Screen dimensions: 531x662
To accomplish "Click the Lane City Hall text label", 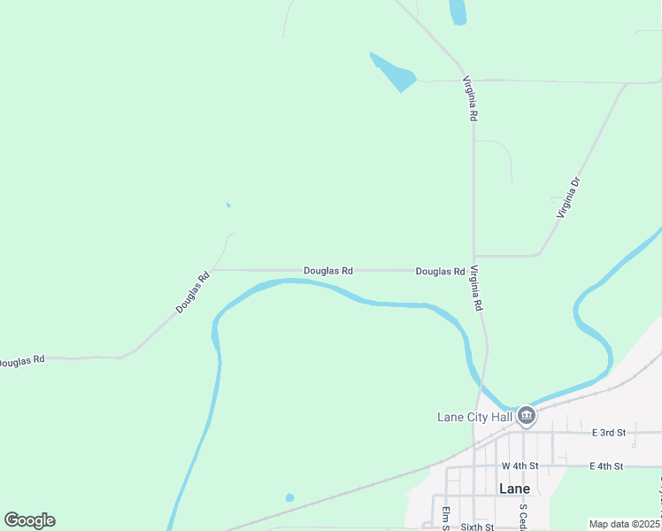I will tap(474, 417).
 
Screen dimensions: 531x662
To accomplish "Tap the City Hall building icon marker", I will tap(527, 416).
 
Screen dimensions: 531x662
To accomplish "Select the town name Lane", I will tap(514, 489).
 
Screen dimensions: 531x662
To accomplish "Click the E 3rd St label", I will tap(608, 433).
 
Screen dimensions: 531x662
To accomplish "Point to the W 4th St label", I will tap(520, 466).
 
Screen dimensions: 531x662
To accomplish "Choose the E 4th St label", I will tap(606, 466).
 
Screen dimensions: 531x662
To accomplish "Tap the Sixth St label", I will tap(476, 526).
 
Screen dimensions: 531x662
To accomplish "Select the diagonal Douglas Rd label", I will tap(192, 292).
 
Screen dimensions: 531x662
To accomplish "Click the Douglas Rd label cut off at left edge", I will tap(21, 362).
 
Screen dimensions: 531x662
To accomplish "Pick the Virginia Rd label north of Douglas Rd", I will tap(470, 98).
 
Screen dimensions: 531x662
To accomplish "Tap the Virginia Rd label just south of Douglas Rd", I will tap(476, 288).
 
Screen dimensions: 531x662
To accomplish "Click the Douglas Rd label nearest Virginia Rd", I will tap(440, 272).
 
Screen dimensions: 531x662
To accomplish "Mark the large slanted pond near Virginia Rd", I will tap(394, 73).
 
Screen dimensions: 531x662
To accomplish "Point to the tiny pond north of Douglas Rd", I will tap(228, 205).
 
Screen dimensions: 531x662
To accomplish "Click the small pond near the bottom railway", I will tap(289, 497).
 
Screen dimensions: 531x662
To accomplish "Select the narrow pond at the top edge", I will tap(458, 12).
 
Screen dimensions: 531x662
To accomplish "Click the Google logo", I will tap(29, 520).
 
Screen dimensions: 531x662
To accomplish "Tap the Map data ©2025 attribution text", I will tap(625, 524).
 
